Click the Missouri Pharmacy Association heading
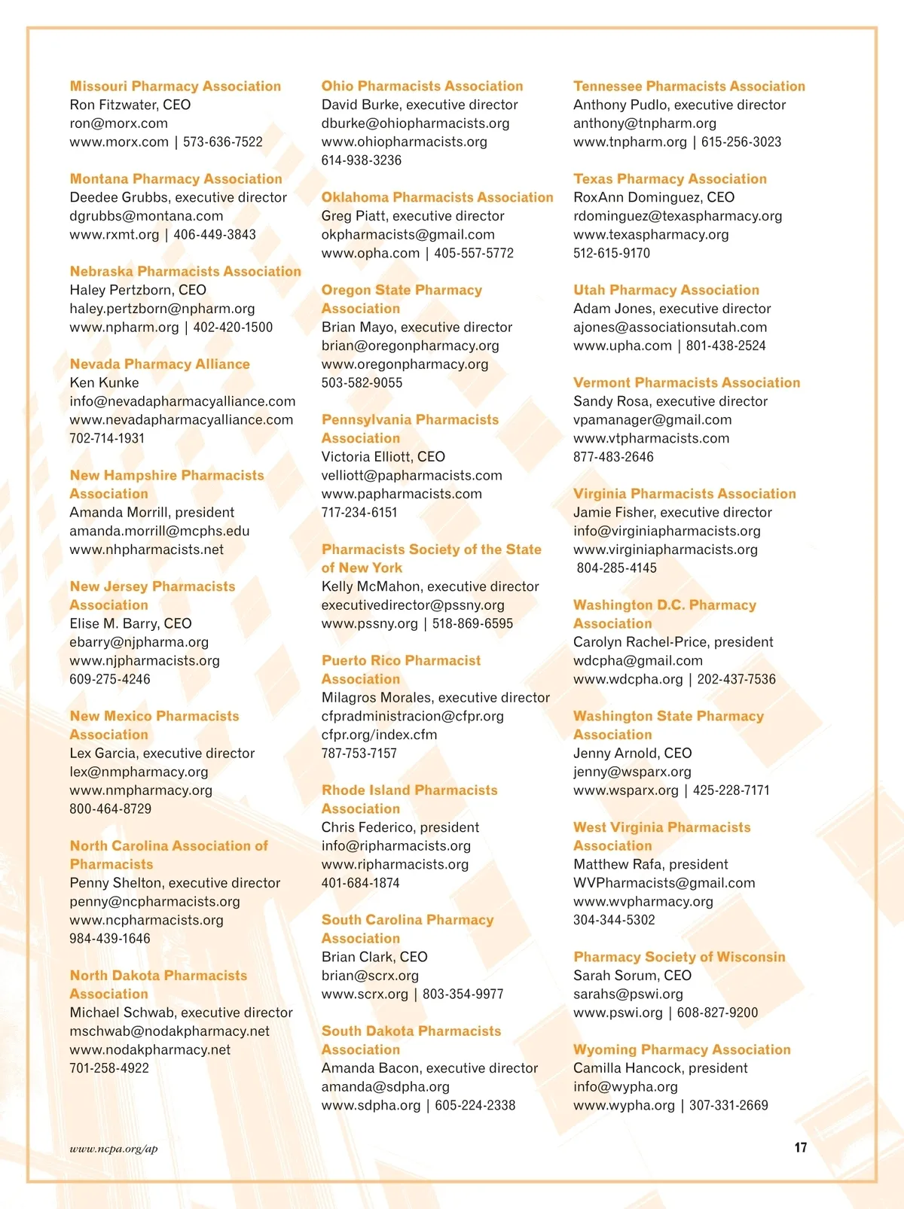[x=175, y=87]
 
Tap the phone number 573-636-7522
[x=223, y=142]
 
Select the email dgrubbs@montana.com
[x=146, y=216]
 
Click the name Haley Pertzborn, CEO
[x=138, y=291]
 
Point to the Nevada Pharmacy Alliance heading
[x=160, y=364]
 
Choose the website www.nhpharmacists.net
[x=146, y=550]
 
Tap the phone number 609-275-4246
[x=110, y=679]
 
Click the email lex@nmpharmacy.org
[x=139, y=772]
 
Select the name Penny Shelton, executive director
[x=175, y=883]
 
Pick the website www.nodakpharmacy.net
[x=150, y=1049]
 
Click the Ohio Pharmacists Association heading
[x=422, y=87]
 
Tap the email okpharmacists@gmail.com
[x=408, y=235]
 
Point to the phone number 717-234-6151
[x=359, y=513]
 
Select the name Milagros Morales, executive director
[x=435, y=698]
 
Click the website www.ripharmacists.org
[x=395, y=864]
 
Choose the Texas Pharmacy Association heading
[x=670, y=179]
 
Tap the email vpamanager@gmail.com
[x=652, y=420]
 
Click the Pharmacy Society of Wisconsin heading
[x=679, y=957]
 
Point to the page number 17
[x=801, y=1147]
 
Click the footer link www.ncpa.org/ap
[x=114, y=1149]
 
